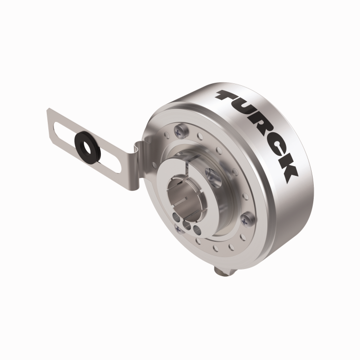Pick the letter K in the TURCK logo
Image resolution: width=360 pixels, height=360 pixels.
[x=286, y=170]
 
